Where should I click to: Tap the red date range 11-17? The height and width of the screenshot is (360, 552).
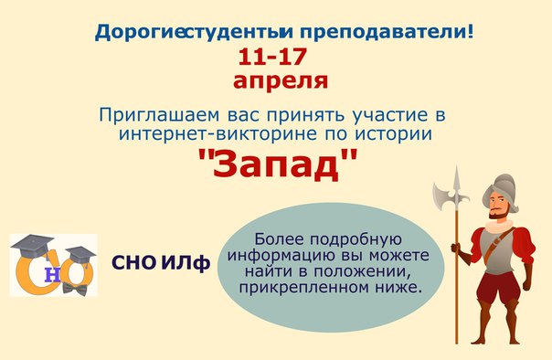pyautogui.click(x=272, y=57)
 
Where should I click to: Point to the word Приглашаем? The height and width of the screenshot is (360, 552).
pyautogui.click(x=159, y=115)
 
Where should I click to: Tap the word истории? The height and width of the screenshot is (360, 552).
pyautogui.click(x=393, y=134)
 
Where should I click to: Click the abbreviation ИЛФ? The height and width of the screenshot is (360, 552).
pyautogui.click(x=186, y=263)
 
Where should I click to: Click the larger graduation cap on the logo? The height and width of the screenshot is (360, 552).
pyautogui.click(x=32, y=246)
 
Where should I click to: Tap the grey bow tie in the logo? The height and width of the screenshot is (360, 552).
pyautogui.click(x=75, y=290)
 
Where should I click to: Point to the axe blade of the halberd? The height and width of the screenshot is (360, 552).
pyautogui.click(x=441, y=196)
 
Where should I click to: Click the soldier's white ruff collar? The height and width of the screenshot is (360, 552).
pyautogui.click(x=499, y=225)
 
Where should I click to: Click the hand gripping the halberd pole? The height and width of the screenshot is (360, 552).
pyautogui.click(x=456, y=248)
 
